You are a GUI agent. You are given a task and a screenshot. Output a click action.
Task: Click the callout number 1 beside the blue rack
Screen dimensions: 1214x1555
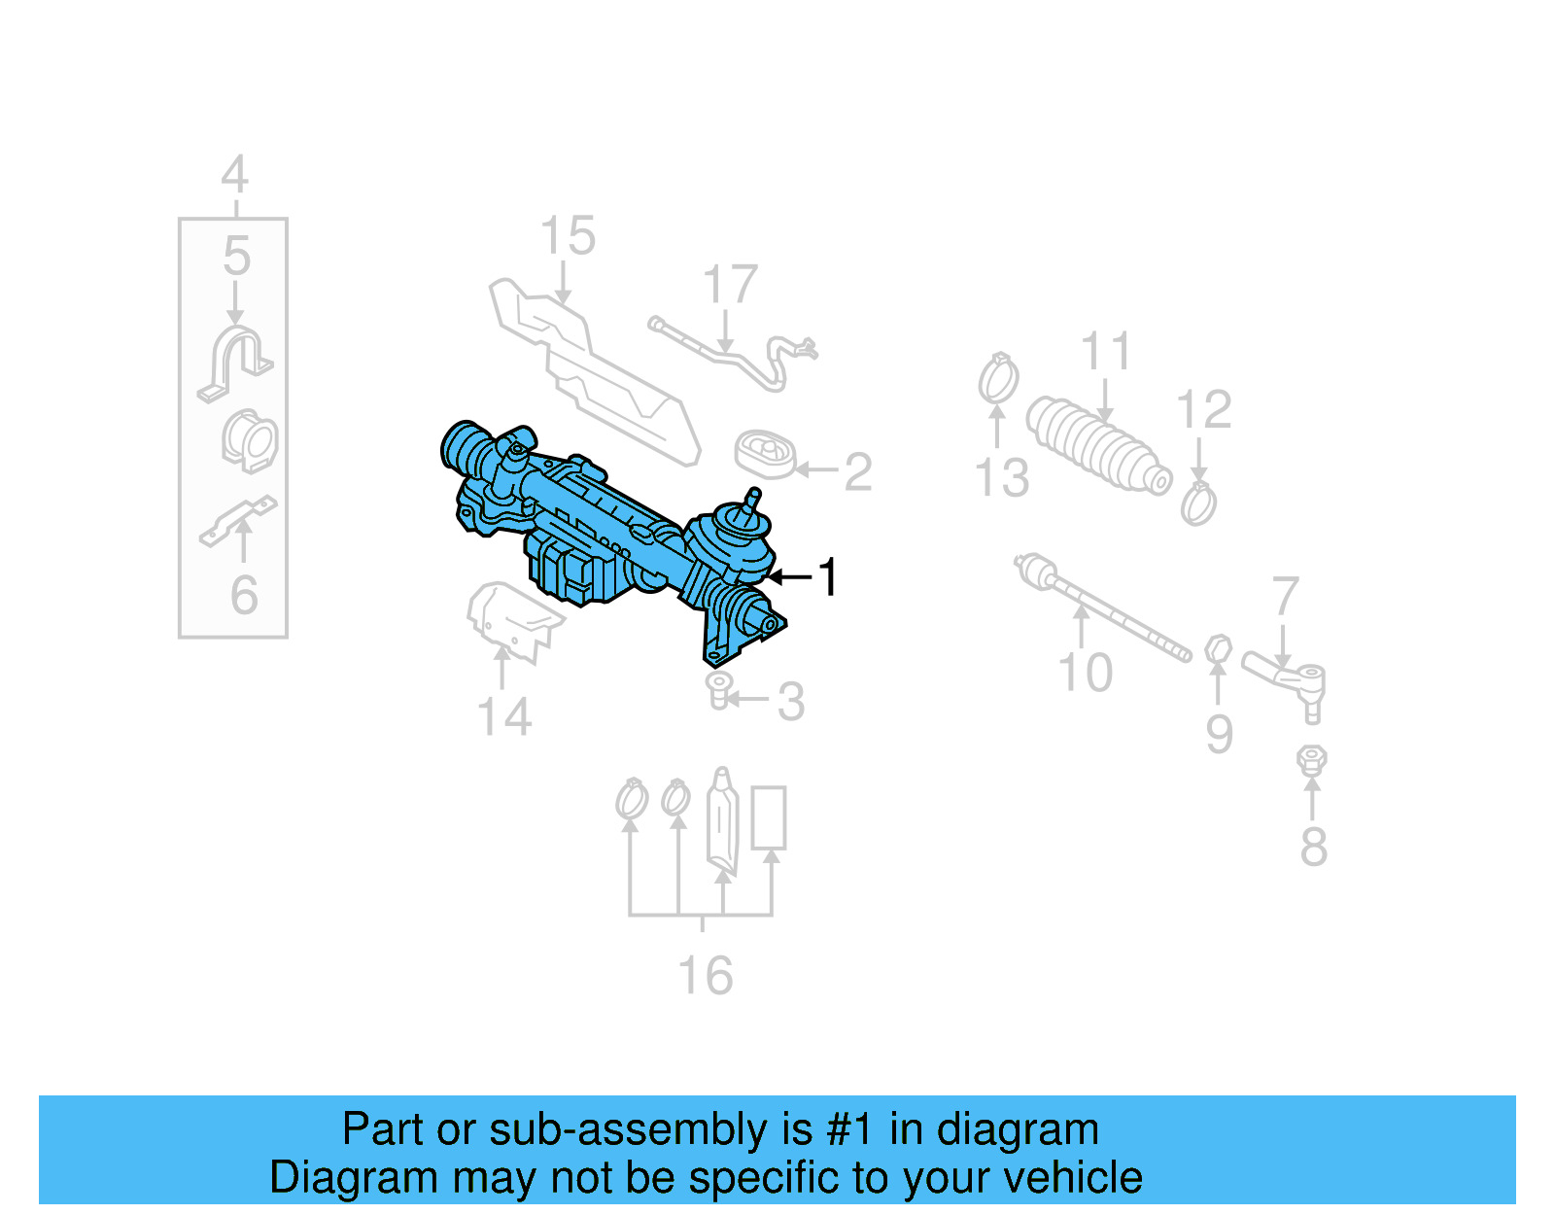pyautogui.click(x=827, y=577)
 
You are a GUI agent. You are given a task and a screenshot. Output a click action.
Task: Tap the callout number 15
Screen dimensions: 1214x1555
pyautogui.click(x=568, y=237)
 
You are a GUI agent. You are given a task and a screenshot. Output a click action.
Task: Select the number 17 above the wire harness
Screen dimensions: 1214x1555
pyautogui.click(x=730, y=285)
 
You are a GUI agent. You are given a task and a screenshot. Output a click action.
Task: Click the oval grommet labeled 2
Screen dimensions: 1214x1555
pyautogui.click(x=766, y=454)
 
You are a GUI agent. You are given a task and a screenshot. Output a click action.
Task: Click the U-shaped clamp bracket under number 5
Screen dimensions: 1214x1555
pyautogui.click(x=235, y=363)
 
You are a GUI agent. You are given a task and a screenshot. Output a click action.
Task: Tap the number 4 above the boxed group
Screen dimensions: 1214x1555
pyautogui.click(x=234, y=176)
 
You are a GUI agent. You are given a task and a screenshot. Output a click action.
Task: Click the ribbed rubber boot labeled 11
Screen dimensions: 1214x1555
pyautogui.click(x=1096, y=444)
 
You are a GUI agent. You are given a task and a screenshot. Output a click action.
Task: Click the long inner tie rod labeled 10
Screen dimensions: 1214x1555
pyautogui.click(x=1102, y=607)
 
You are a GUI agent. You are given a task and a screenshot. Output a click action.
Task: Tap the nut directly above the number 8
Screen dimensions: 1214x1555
pyautogui.click(x=1312, y=759)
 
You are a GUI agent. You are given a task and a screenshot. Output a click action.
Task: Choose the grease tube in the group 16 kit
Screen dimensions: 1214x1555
pyautogui.click(x=722, y=822)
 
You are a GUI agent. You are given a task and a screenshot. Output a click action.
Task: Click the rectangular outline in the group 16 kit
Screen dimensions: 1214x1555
pyautogui.click(x=769, y=817)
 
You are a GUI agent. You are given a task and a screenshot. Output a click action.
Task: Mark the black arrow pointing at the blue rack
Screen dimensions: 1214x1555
pyautogui.click(x=789, y=577)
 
